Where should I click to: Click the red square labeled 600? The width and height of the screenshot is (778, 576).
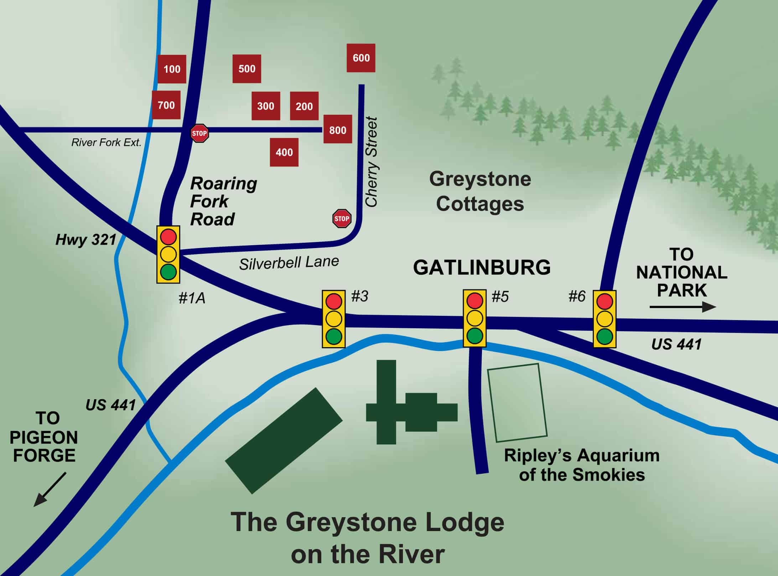[361, 58]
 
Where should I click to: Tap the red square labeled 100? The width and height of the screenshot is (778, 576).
[172, 69]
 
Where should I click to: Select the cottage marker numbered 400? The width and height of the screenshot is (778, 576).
[284, 153]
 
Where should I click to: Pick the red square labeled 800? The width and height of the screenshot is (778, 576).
[337, 130]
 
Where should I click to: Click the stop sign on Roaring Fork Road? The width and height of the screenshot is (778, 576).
[199, 133]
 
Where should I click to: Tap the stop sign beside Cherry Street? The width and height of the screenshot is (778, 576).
[342, 218]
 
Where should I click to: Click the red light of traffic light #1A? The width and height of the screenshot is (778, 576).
[168, 236]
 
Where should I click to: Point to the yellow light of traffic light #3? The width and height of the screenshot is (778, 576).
[334, 318]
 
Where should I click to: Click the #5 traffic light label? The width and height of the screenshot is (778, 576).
[500, 297]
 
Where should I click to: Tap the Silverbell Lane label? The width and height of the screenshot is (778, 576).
[289, 263]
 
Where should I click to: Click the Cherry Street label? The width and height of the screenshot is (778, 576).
[372, 162]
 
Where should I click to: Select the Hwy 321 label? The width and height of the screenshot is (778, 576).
[86, 240]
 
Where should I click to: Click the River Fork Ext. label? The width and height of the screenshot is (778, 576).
[106, 143]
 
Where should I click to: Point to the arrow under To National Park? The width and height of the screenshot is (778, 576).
[683, 307]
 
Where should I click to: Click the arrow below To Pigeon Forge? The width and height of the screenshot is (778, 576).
[49, 490]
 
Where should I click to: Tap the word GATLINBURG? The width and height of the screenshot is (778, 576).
[482, 268]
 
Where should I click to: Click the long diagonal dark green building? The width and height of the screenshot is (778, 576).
[284, 441]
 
